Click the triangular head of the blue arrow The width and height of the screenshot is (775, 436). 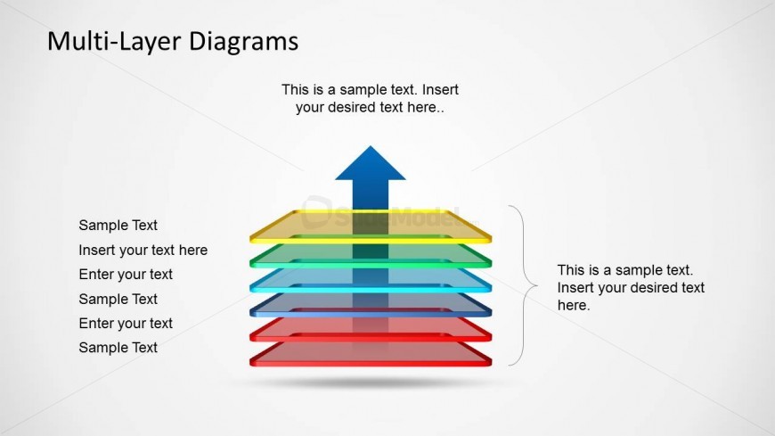371,163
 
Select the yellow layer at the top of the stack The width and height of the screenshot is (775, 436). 371,226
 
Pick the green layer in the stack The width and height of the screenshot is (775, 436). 371,255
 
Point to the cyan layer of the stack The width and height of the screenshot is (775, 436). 371,280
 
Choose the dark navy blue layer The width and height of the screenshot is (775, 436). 371,305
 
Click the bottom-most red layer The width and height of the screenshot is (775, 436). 371,354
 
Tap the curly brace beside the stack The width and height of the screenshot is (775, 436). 524,285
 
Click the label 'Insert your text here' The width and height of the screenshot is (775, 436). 143,251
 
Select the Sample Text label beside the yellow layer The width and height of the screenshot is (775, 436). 118,226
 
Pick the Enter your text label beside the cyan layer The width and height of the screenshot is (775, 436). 126,274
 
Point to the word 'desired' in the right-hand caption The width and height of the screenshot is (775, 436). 652,287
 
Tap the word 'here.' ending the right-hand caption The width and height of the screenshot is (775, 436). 574,305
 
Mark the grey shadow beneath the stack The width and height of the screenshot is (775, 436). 368,382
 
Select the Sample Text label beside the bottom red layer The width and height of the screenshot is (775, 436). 118,348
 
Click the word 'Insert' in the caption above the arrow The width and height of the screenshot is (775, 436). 440,89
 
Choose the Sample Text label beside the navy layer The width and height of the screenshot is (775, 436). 118,299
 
